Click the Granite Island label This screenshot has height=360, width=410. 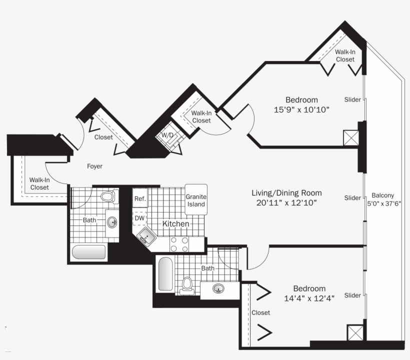196,200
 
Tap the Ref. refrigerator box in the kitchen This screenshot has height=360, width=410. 140,198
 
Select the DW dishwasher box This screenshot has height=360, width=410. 139,218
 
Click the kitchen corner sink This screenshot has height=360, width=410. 146,237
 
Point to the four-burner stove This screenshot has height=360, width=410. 179,244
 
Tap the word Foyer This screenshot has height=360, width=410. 94,166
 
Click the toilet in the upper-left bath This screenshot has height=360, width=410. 110,196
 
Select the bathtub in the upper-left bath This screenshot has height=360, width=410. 89,252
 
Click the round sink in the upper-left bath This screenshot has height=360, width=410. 112,222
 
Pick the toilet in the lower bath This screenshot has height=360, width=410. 186,285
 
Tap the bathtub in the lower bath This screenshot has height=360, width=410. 165,273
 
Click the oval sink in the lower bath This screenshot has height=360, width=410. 218,288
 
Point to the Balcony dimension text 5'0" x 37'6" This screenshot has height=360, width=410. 384,203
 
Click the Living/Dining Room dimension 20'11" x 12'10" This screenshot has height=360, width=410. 286,202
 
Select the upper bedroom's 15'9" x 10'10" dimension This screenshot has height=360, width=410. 301,109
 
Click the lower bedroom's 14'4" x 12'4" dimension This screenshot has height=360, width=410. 309,298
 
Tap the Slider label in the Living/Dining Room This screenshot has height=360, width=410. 352,198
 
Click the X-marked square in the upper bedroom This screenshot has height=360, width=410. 351,138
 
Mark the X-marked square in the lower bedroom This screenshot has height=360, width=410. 355,332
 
